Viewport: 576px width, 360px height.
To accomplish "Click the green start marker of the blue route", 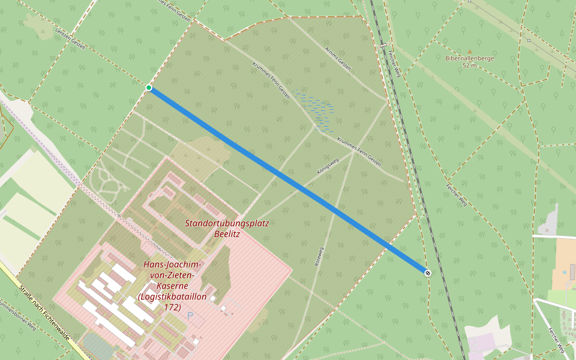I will click(149, 88).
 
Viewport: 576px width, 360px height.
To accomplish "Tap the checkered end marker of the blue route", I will click(427, 273).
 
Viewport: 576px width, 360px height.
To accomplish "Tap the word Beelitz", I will click(227, 234).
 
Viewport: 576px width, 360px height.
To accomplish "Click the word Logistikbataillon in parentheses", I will click(173, 296).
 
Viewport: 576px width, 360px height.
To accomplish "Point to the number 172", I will click(172, 307).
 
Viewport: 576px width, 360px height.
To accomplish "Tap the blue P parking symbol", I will click(190, 315).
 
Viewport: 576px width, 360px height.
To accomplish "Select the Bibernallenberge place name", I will click(469, 58).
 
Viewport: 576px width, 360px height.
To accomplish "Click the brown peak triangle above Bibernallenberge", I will click(469, 51).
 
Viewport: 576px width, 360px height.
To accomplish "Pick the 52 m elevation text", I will click(469, 65).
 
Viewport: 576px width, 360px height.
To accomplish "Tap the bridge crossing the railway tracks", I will click(383, 46).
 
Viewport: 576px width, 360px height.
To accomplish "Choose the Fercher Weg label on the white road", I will click(556, 340).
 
